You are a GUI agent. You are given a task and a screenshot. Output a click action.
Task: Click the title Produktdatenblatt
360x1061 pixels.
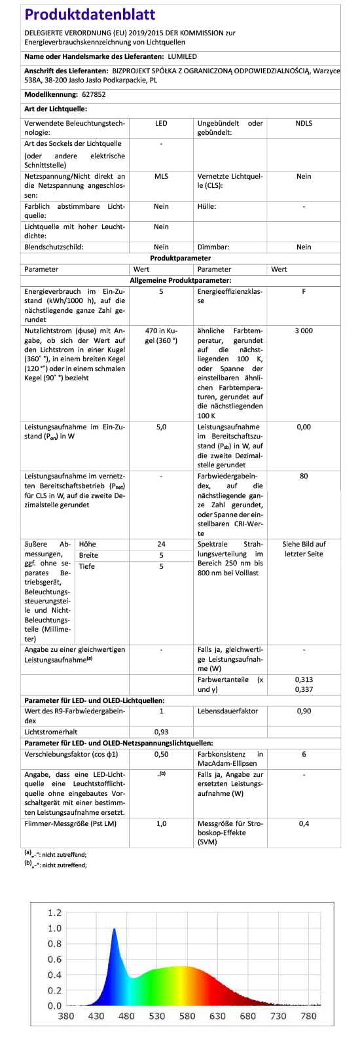[x=90, y=14]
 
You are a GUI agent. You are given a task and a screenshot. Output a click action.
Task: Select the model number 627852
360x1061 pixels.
[x=94, y=94]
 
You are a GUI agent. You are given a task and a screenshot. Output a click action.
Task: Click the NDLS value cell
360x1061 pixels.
[x=304, y=123]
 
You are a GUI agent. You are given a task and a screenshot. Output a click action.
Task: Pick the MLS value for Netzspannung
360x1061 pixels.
[x=161, y=176]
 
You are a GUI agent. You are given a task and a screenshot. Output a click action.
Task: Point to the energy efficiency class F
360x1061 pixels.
[x=304, y=291]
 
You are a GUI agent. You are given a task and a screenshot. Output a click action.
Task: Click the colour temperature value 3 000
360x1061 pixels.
[x=304, y=331]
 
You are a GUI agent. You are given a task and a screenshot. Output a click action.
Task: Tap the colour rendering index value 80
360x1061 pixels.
[x=304, y=476]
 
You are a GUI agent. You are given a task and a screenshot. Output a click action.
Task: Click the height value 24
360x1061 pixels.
[x=161, y=544]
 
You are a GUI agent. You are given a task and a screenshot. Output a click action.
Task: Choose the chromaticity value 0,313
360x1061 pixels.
[x=304, y=679]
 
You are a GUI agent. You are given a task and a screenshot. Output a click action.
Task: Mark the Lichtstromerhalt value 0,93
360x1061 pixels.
[x=161, y=731]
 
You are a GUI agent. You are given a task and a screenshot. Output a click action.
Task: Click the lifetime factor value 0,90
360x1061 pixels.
[x=304, y=710]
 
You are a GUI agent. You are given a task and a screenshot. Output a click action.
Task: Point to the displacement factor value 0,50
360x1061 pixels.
[x=161, y=754]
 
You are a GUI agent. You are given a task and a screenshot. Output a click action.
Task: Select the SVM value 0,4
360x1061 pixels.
[x=304, y=823]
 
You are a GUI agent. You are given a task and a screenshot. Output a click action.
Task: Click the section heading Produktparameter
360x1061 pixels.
[x=180, y=259]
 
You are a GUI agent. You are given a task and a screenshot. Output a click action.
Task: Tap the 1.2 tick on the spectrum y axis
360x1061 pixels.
[x=55, y=912]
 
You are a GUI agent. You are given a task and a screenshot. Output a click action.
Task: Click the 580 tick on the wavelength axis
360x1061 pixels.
[x=187, y=1016]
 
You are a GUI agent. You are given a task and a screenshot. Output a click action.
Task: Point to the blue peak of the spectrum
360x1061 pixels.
[x=114, y=929]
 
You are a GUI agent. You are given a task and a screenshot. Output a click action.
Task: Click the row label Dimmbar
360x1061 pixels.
[x=213, y=247]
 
